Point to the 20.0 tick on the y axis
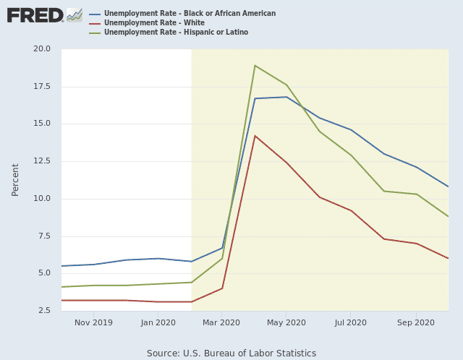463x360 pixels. coord(41,49)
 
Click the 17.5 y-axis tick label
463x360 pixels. coord(41,87)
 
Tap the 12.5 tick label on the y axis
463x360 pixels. coord(41,161)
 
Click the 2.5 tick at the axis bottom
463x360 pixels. coord(43,311)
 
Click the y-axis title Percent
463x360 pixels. coord(15,179)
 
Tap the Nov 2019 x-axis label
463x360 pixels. coord(93,322)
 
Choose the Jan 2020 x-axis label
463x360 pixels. coord(158,322)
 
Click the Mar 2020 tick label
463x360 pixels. coord(221,322)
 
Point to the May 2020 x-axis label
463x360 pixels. coord(286,322)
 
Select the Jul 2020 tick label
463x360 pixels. coord(351,322)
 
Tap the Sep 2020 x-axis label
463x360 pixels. coord(416,322)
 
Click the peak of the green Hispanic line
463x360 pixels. coord(255,66)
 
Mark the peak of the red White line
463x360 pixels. coord(255,136)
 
